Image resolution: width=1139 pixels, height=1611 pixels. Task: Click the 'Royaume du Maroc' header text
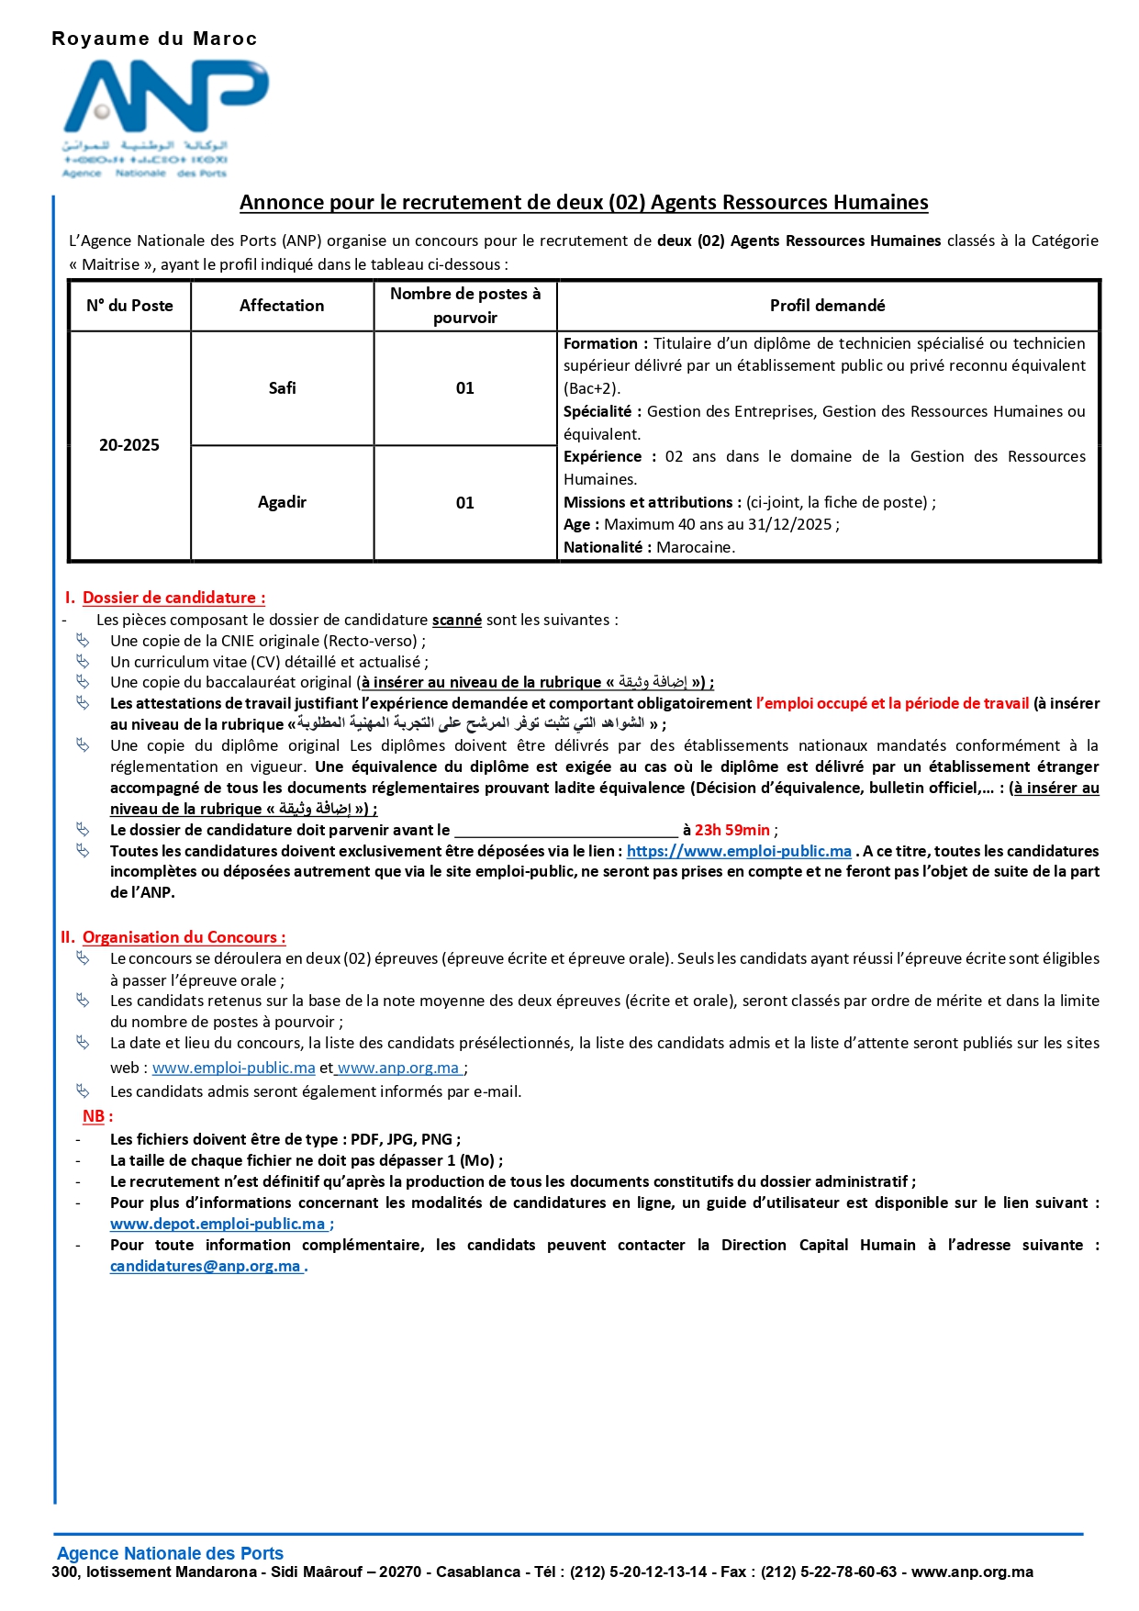click(x=154, y=39)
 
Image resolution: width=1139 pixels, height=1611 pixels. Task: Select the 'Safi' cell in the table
click(x=282, y=388)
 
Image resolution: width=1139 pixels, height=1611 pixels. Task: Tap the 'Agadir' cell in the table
click(x=282, y=502)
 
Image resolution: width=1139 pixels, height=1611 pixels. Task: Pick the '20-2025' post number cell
click(x=129, y=445)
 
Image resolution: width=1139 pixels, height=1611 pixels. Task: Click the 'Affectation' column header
click(x=282, y=306)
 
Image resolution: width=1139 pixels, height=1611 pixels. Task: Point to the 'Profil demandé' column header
click(x=827, y=306)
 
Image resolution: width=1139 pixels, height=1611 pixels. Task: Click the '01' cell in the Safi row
click(x=465, y=388)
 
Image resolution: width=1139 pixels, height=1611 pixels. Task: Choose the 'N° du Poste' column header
click(x=129, y=306)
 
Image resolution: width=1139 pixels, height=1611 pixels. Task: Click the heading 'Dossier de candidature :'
click(x=173, y=598)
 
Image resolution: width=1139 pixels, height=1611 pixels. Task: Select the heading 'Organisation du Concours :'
click(x=184, y=937)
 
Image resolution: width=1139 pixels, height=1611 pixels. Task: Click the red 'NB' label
click(x=94, y=1116)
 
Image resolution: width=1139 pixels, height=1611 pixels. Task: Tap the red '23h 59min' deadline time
click(x=731, y=830)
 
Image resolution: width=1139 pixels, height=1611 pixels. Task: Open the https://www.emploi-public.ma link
click(x=739, y=851)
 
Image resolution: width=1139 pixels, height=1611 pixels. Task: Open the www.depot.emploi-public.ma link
click(x=218, y=1224)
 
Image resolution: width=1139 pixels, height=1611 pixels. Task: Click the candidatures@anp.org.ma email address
click(x=206, y=1266)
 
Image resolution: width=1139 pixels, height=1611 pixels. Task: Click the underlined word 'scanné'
click(x=457, y=620)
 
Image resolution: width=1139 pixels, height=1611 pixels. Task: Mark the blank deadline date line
click(x=565, y=831)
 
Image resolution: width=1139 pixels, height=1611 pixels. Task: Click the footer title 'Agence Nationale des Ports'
click(x=170, y=1553)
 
